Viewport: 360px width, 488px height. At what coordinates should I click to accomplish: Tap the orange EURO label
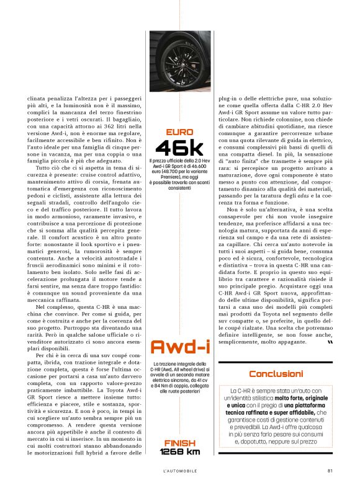[x=179, y=131]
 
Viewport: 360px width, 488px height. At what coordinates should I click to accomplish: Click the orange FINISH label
[x=179, y=442]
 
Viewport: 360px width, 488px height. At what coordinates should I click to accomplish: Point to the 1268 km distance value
[x=179, y=451]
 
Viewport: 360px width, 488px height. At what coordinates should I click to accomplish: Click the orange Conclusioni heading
[x=276, y=373]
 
